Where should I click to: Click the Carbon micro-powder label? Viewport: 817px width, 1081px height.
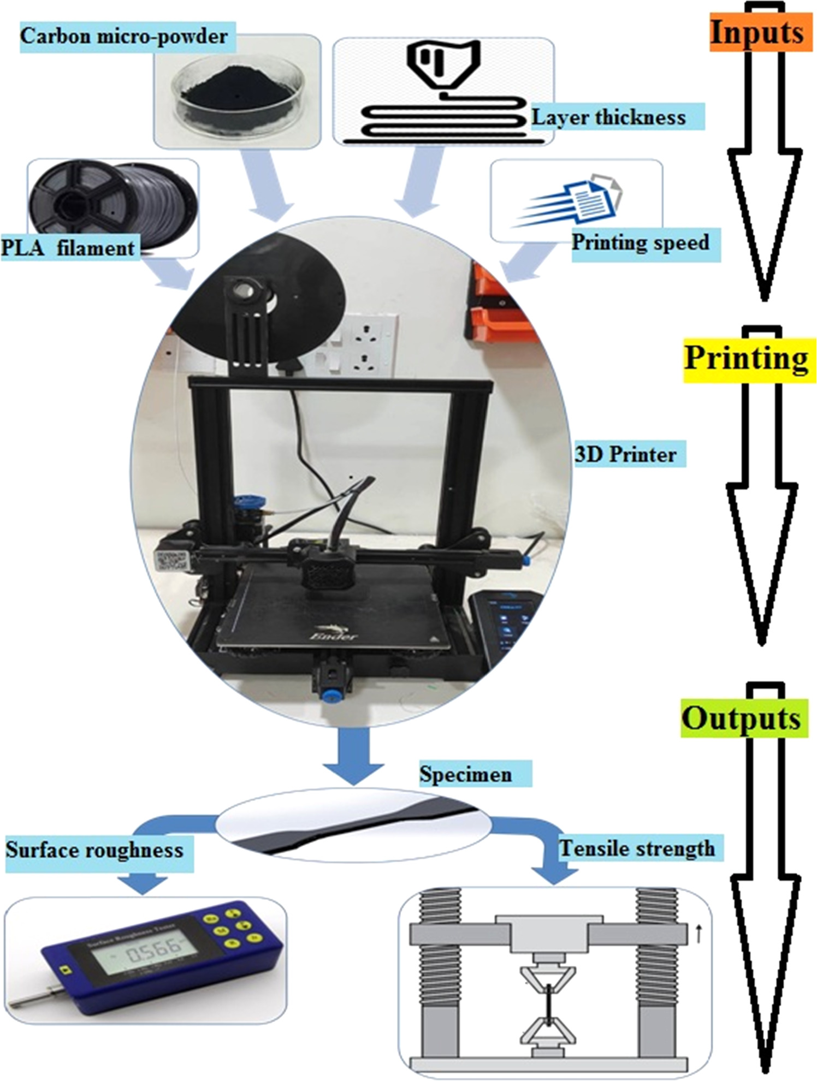coord(124,37)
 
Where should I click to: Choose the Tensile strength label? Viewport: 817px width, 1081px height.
coord(637,848)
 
